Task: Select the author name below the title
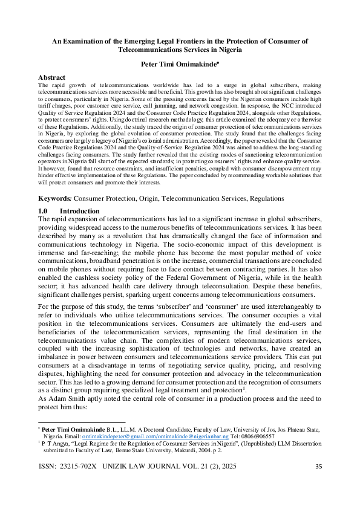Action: pyautogui.click(x=179, y=64)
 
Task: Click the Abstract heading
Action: pyautogui.click(x=52, y=78)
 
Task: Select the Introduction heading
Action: pyautogui.click(x=83, y=210)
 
